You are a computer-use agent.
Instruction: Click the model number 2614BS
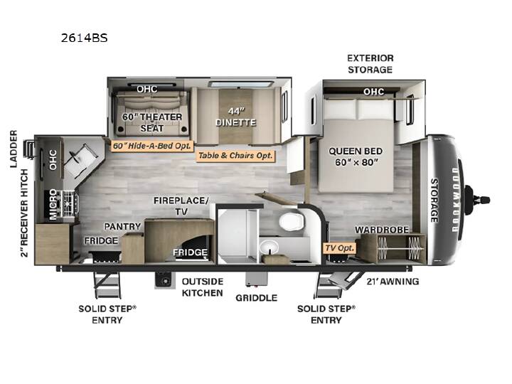point(84,38)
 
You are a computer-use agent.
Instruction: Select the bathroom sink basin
point(270,247)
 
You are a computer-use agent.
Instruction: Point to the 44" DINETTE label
point(236,117)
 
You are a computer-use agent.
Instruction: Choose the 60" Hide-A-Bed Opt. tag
point(152,146)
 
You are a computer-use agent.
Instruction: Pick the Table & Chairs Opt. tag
point(235,156)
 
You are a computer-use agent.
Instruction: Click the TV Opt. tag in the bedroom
point(340,248)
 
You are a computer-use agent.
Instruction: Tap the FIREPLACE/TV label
point(181,206)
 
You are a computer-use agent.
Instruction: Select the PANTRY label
point(122,226)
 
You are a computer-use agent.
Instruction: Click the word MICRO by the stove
point(53,204)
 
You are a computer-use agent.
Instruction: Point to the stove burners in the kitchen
point(69,204)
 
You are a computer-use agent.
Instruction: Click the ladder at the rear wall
point(28,149)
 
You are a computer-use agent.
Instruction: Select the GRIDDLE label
point(256,298)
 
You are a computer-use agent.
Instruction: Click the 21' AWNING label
point(393,281)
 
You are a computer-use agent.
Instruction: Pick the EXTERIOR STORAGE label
point(370,64)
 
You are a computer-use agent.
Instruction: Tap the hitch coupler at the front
point(477,199)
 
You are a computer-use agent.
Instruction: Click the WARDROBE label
point(382,230)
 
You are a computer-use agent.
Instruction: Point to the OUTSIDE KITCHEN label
point(203,287)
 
